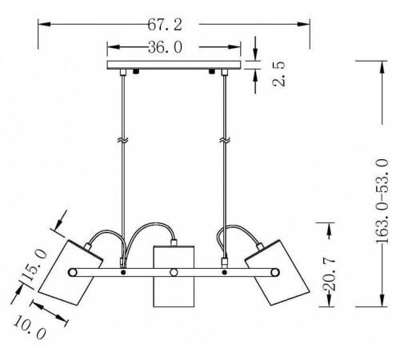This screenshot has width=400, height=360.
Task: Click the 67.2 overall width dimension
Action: click(x=165, y=25)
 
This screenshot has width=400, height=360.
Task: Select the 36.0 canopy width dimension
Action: click(x=165, y=47)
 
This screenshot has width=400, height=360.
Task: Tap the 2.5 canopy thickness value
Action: click(x=279, y=74)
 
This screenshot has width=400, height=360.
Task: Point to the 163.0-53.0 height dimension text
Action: click(x=382, y=201)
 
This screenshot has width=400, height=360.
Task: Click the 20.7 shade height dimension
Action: click(x=330, y=274)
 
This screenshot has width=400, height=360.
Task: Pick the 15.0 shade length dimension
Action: click(x=34, y=266)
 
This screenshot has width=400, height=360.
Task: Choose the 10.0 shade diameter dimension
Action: click(x=30, y=328)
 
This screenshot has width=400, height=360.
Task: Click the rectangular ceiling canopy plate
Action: click(x=174, y=65)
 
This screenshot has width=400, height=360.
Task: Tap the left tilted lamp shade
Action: click(x=70, y=273)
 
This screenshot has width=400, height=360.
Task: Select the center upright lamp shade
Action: click(x=174, y=276)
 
